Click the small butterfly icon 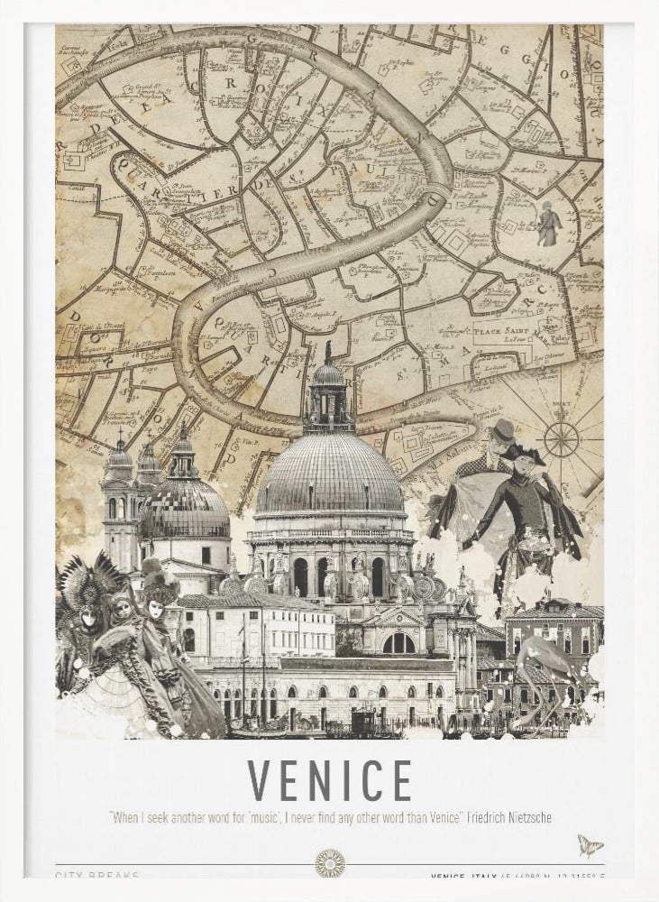(590, 845)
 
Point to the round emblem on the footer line (330, 863)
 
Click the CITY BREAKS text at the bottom (96, 875)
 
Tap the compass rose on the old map (561, 438)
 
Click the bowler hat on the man (504, 428)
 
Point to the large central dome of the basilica (330, 474)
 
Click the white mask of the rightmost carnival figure (155, 609)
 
